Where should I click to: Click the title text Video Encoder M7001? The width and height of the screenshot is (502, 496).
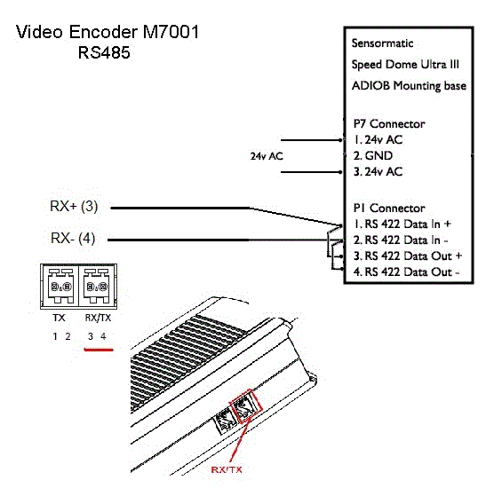[x=108, y=32]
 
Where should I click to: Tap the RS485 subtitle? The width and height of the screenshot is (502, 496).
[x=104, y=52]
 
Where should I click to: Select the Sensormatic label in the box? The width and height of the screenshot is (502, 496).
[x=382, y=43]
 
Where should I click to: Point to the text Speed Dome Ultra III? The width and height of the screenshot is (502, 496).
[x=405, y=65]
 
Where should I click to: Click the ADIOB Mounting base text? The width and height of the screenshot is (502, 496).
[x=409, y=86]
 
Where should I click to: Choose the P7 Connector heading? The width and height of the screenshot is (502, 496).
[x=389, y=123]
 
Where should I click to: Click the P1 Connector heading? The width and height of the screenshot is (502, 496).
[x=389, y=209]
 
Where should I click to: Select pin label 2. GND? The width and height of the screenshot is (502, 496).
[x=373, y=156]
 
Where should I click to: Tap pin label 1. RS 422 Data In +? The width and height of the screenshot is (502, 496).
[x=402, y=224]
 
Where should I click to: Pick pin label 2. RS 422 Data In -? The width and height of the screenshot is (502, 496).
[x=401, y=240]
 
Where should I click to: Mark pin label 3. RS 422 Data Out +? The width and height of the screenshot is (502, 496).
[x=408, y=256]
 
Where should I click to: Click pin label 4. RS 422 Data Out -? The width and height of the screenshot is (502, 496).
[x=407, y=272]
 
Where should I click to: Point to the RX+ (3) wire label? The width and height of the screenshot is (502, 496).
[x=74, y=206]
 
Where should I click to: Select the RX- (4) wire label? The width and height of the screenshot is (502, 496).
[x=73, y=239]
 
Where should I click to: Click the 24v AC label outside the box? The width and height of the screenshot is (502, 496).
[x=267, y=156]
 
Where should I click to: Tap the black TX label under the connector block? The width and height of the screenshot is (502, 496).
[x=59, y=318]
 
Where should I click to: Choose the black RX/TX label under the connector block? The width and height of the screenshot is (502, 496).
[x=98, y=318]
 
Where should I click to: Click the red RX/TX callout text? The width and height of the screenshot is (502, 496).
[x=227, y=469]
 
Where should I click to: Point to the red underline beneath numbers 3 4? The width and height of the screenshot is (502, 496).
[x=99, y=350]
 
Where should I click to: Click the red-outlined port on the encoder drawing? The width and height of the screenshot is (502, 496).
[x=246, y=406]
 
